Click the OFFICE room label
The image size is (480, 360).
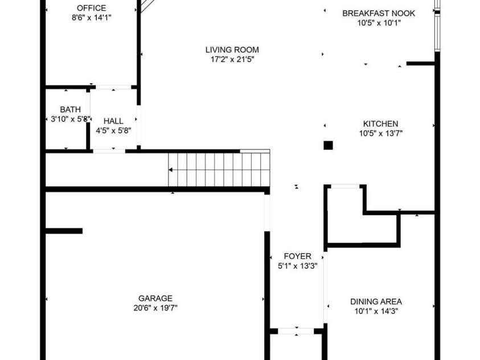92,8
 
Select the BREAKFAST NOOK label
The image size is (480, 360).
379,13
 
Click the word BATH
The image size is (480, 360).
70,109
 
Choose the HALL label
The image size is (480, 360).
113,121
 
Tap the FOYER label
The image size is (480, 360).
297,256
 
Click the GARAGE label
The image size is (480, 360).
155,298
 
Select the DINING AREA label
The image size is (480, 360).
376,301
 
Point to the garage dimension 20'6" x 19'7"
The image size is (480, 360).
155,308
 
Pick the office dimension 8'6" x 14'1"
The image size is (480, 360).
91,18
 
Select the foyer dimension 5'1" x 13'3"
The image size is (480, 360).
297,265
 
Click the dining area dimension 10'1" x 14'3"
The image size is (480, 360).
376,311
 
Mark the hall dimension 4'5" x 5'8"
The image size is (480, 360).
113,130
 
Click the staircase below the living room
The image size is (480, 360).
219,169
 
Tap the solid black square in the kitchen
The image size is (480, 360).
328,145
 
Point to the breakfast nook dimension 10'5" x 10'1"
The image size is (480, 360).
379,23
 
